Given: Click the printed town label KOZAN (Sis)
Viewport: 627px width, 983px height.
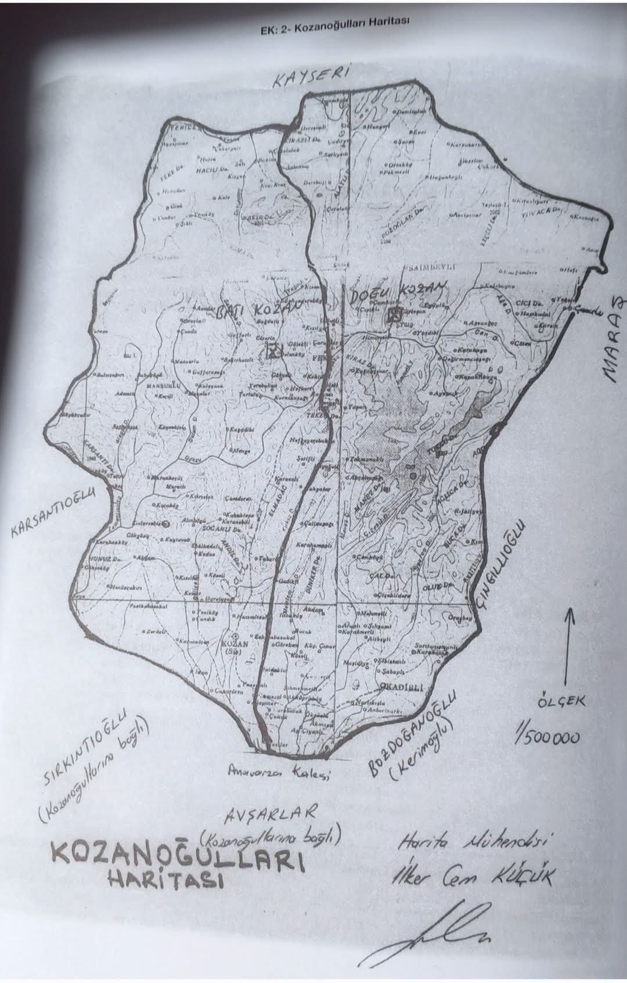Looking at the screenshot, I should pyautogui.click(x=235, y=647).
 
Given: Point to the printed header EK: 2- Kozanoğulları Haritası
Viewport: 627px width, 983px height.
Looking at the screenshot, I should pyautogui.click(x=336, y=27).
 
